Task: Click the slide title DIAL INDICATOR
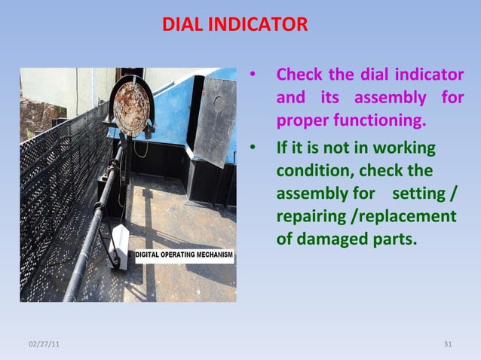(x=234, y=26)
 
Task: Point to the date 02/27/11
(x=46, y=344)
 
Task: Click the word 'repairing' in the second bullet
(x=311, y=218)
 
